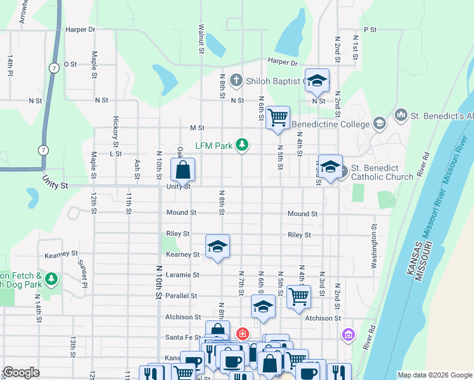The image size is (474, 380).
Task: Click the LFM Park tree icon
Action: tap(241, 146)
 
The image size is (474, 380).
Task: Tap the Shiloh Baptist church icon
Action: tap(236, 80)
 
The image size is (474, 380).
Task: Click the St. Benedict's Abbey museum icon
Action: tap(400, 115)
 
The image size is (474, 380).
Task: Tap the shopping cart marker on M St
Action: tap(278, 118)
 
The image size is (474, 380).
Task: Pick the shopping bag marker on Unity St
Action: tap(183, 170)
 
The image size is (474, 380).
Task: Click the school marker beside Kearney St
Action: tap(217, 247)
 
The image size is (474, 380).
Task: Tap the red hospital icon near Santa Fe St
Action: tap(242, 333)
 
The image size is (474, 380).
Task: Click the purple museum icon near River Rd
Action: tap(348, 334)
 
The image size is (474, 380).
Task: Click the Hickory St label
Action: tap(116, 127)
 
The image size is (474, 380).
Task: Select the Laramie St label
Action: tap(183, 275)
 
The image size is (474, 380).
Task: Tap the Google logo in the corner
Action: tap(21, 372)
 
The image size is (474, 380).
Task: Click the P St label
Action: tap(370, 30)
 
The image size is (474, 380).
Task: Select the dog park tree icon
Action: tap(51, 279)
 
